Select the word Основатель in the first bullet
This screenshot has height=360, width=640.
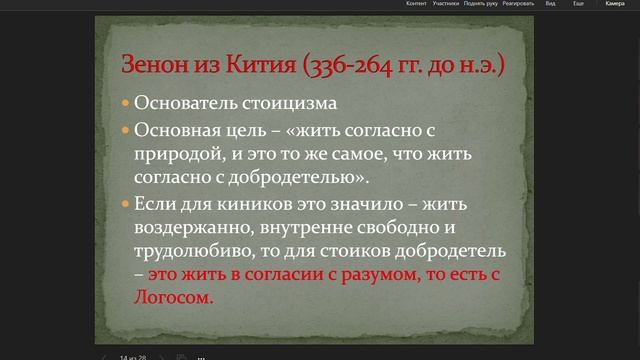click(183, 104)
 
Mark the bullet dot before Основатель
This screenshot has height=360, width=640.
click(125, 104)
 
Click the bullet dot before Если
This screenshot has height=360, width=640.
click(125, 204)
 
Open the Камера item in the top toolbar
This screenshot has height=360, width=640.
click(614, 4)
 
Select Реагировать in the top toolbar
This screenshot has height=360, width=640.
click(516, 4)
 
